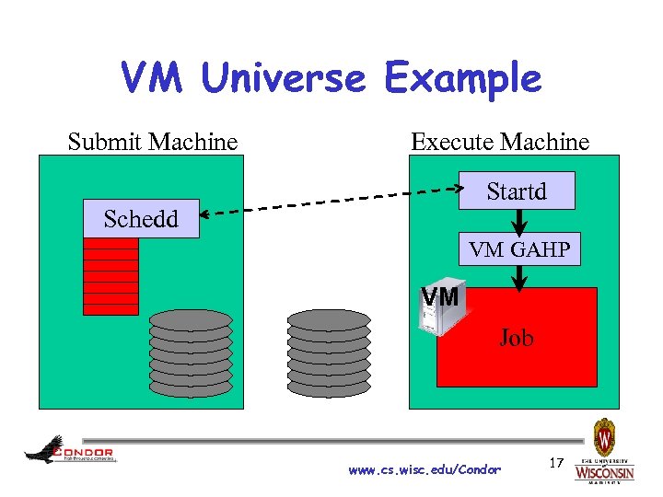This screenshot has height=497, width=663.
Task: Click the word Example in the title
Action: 463,80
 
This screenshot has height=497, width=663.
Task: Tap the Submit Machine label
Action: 153,142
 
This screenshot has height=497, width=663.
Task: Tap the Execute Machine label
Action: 500,142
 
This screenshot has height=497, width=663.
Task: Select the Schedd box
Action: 141,219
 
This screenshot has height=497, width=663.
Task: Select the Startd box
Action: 517,191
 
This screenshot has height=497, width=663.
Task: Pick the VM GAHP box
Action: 519,248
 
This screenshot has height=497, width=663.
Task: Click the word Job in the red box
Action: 516,339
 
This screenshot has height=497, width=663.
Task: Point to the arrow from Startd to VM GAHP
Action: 519,221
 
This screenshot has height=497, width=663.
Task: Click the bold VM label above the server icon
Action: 440,297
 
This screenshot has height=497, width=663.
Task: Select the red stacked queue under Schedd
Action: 110,276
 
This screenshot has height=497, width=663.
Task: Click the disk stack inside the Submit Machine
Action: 191,353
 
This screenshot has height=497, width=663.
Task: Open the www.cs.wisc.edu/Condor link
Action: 425,470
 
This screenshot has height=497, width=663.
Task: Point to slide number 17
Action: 556,460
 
